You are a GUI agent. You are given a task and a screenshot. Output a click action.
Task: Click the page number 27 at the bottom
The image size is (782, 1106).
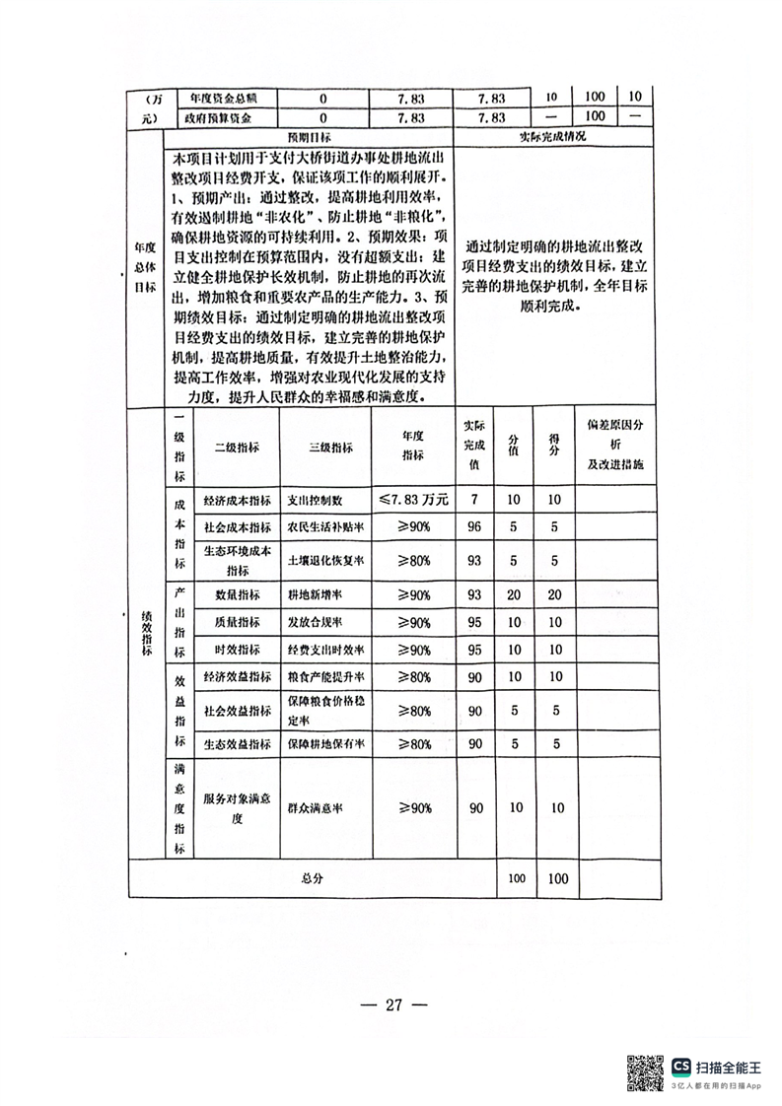[392, 1006]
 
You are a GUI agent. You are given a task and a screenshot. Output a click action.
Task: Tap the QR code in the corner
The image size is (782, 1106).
[645, 1072]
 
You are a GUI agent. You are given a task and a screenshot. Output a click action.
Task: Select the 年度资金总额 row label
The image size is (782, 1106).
[221, 99]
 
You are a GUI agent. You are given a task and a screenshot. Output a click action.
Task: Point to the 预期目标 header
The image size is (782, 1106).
[309, 137]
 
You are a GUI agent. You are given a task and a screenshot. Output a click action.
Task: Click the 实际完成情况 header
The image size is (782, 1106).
[552, 137]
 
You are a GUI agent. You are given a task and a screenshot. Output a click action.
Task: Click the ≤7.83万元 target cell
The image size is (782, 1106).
[412, 500]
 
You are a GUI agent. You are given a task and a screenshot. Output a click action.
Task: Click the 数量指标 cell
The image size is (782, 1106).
[237, 596]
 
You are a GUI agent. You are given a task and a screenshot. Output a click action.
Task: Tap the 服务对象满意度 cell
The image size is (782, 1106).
[237, 808]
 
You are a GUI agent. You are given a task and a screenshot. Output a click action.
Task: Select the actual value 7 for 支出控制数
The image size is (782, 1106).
[474, 500]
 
